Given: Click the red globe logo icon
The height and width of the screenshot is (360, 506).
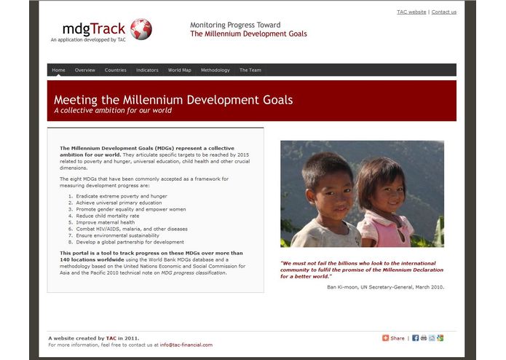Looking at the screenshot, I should [141, 29].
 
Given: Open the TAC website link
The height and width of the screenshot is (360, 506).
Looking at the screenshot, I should [411, 12].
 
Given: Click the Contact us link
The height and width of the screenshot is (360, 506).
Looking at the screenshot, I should [444, 12].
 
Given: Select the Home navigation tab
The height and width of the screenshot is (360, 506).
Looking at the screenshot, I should [59, 70].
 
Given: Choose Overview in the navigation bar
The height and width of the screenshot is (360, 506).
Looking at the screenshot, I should [85, 70].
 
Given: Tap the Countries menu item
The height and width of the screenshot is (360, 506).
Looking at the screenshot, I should [116, 70].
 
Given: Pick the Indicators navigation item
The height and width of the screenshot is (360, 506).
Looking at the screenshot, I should [147, 70].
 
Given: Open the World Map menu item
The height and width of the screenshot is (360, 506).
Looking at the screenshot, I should [180, 70].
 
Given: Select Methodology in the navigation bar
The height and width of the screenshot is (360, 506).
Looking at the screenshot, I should [216, 70].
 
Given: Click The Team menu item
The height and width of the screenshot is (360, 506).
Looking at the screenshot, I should [250, 70].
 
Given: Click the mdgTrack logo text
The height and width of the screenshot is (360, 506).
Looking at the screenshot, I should [94, 29].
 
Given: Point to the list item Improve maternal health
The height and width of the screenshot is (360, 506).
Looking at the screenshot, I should [105, 222].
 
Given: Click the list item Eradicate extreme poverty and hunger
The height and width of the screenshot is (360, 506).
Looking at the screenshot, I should [121, 196].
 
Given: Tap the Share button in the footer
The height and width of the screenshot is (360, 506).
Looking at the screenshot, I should [394, 338].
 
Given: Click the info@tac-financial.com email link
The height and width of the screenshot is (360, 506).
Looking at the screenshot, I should [186, 345].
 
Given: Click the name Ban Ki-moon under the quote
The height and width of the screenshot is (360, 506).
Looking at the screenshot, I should [344, 287].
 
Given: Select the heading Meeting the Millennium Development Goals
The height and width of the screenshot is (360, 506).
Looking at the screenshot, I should [173, 100].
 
